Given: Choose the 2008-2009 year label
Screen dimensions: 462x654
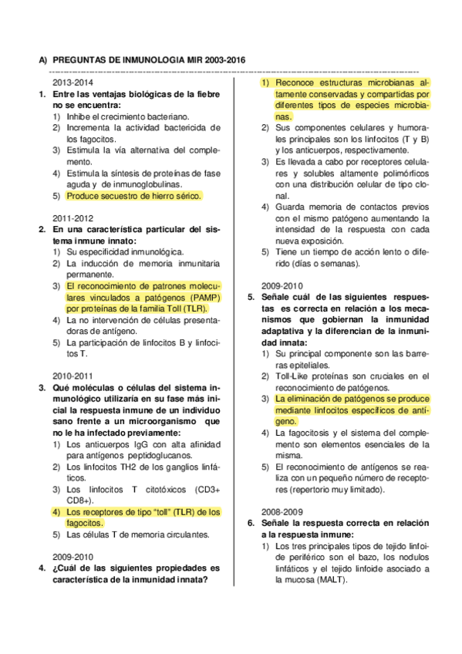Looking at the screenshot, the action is (x=282, y=511).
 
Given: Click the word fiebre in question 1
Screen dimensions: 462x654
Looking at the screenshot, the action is (x=204, y=94).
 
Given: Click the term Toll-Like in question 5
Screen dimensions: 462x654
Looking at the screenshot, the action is (x=293, y=376).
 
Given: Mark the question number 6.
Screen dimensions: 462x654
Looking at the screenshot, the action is (x=251, y=523).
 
